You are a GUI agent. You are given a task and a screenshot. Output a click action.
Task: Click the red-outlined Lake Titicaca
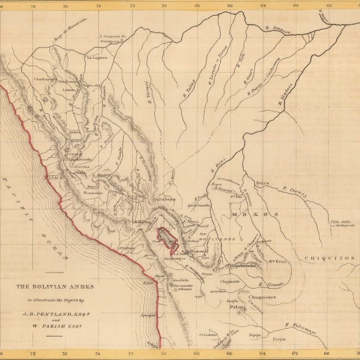coord(167,236)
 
